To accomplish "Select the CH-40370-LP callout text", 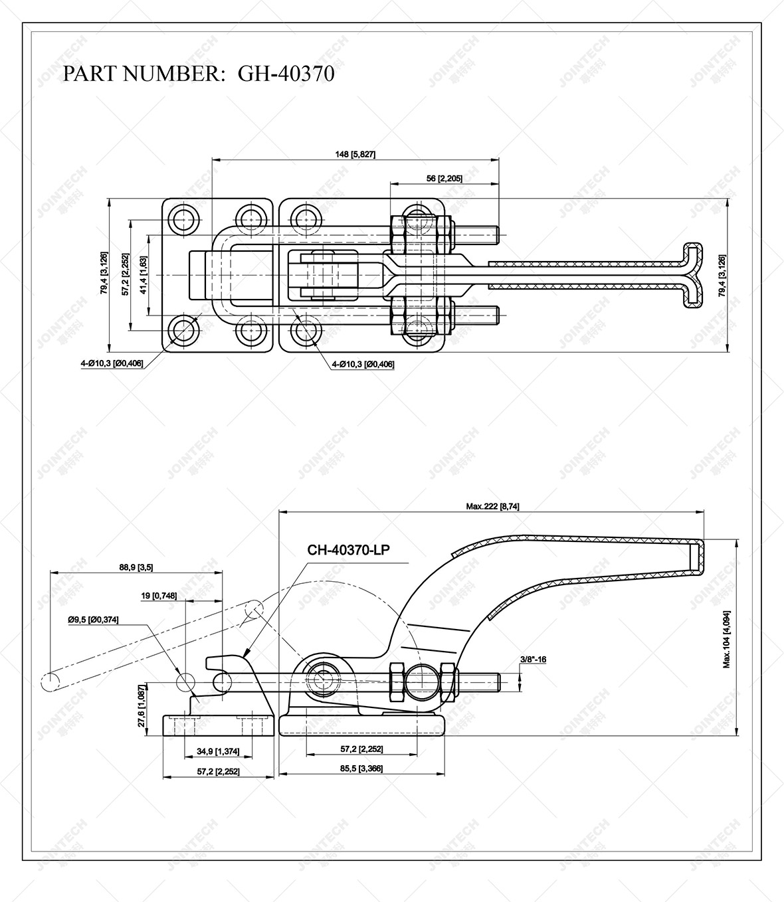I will tap(348, 549).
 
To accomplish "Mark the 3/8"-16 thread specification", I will tap(534, 660).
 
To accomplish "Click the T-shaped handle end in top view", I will tap(693, 275).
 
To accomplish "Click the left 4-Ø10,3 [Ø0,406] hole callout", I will tap(112, 363).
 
